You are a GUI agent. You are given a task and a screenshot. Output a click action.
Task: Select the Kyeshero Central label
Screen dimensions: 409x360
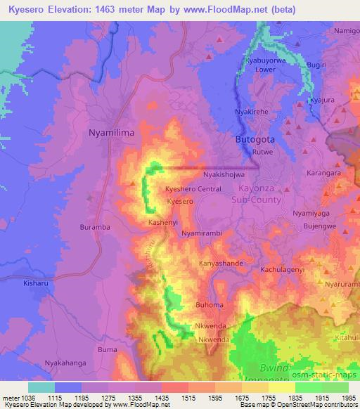point(193,189)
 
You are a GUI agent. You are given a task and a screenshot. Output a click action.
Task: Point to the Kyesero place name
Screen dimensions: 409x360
point(180,202)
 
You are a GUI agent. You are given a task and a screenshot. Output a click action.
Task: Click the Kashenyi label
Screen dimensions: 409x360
point(163,221)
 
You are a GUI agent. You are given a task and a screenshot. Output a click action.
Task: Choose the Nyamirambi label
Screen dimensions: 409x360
point(201,232)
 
